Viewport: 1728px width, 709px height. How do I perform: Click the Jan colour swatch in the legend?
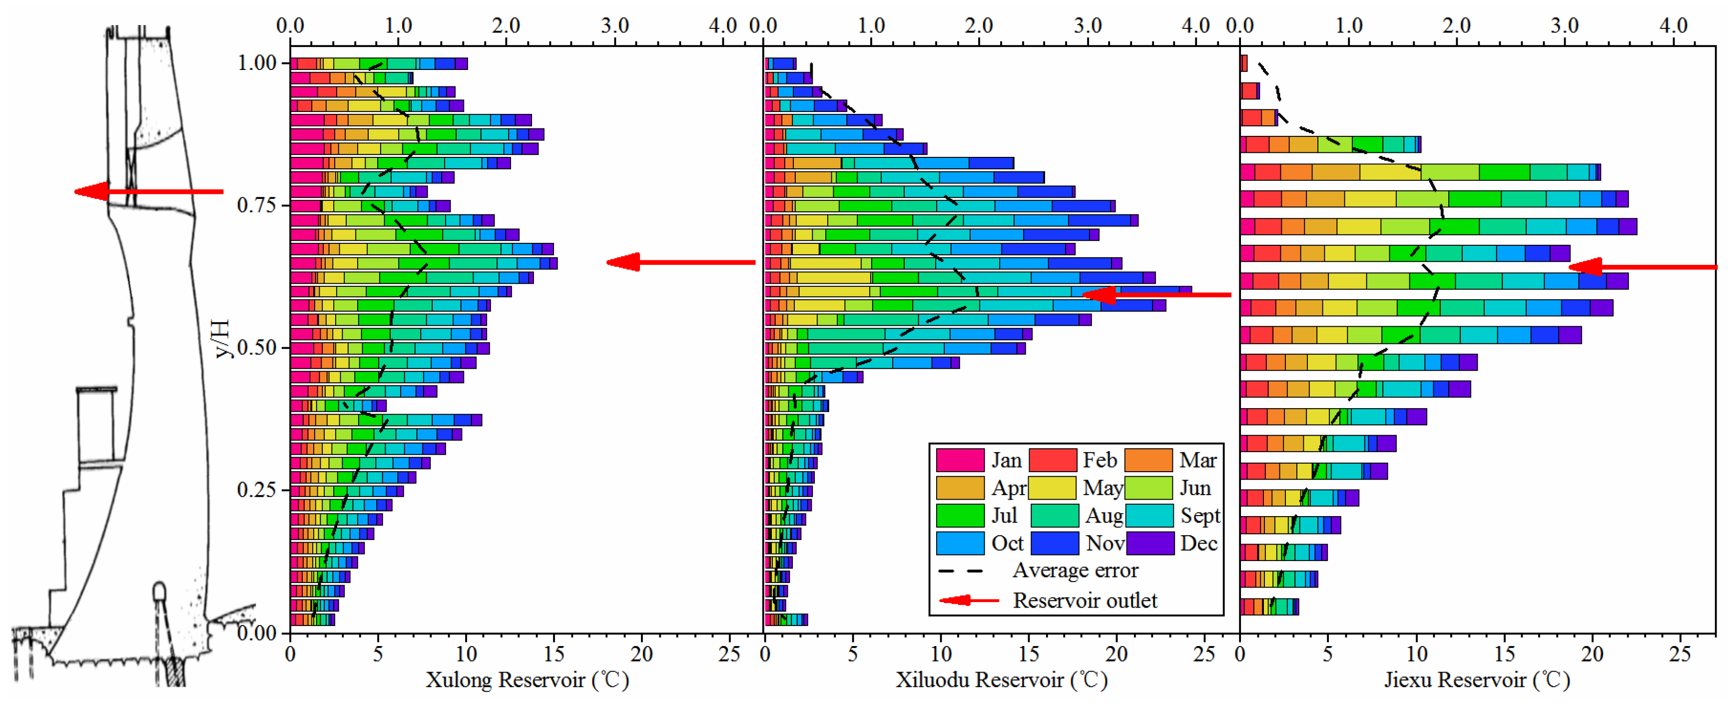pyautogui.click(x=959, y=460)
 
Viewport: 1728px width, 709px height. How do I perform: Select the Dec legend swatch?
pyautogui.click(x=1150, y=543)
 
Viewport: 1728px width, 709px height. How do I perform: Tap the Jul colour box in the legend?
pyautogui.click(x=959, y=515)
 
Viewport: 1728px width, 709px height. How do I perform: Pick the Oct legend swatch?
pyautogui.click(x=959, y=543)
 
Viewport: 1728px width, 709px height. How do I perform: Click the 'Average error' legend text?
pyautogui.click(x=1075, y=570)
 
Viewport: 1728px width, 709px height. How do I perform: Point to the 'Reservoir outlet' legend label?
pyautogui.click(x=1084, y=601)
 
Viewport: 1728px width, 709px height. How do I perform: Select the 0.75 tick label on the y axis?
pyautogui.click(x=256, y=205)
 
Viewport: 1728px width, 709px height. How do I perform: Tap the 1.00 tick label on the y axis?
pyautogui.click(x=257, y=63)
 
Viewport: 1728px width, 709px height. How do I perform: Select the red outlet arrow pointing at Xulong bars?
pyautogui.click(x=680, y=262)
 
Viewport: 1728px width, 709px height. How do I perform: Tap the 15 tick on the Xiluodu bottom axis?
pyautogui.click(x=1028, y=654)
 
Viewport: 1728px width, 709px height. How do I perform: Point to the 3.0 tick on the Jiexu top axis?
pyautogui.click(x=1565, y=25)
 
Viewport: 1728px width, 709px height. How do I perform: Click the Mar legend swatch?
pyautogui.click(x=1149, y=460)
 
